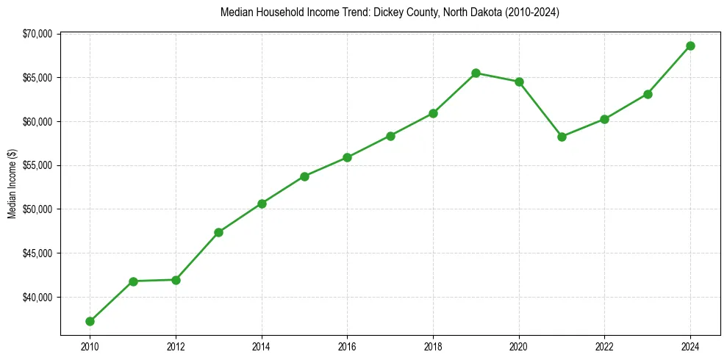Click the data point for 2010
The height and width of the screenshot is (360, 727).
pos(90,321)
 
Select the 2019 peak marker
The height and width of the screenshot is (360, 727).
pos(476,73)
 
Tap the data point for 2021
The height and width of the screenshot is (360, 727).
pos(562,137)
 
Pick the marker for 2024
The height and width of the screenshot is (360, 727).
pos(690,46)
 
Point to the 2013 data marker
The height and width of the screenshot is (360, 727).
pos(218,232)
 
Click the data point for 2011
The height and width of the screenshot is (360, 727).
pos(133,281)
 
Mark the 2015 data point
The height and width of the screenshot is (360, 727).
pos(304,176)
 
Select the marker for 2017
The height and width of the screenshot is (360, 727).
pos(390,136)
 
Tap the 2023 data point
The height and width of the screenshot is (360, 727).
pos(648,94)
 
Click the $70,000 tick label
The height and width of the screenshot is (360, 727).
pos(38,34)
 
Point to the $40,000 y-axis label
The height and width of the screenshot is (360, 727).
pos(38,298)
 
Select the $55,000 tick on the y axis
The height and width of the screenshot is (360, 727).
pos(38,165)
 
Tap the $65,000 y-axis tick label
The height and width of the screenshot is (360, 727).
pos(38,78)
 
